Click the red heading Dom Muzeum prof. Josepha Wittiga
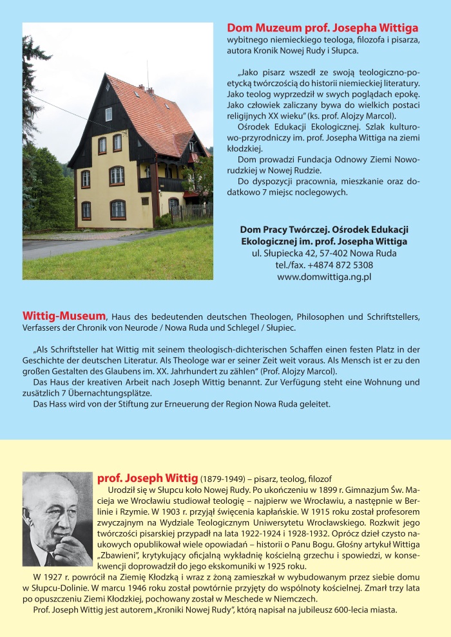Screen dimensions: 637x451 pos(322,28)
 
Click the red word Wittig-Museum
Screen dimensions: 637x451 pos(64,316)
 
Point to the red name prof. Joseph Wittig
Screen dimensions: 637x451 pos(147,478)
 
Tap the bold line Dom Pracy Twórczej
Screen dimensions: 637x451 pos(281,229)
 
